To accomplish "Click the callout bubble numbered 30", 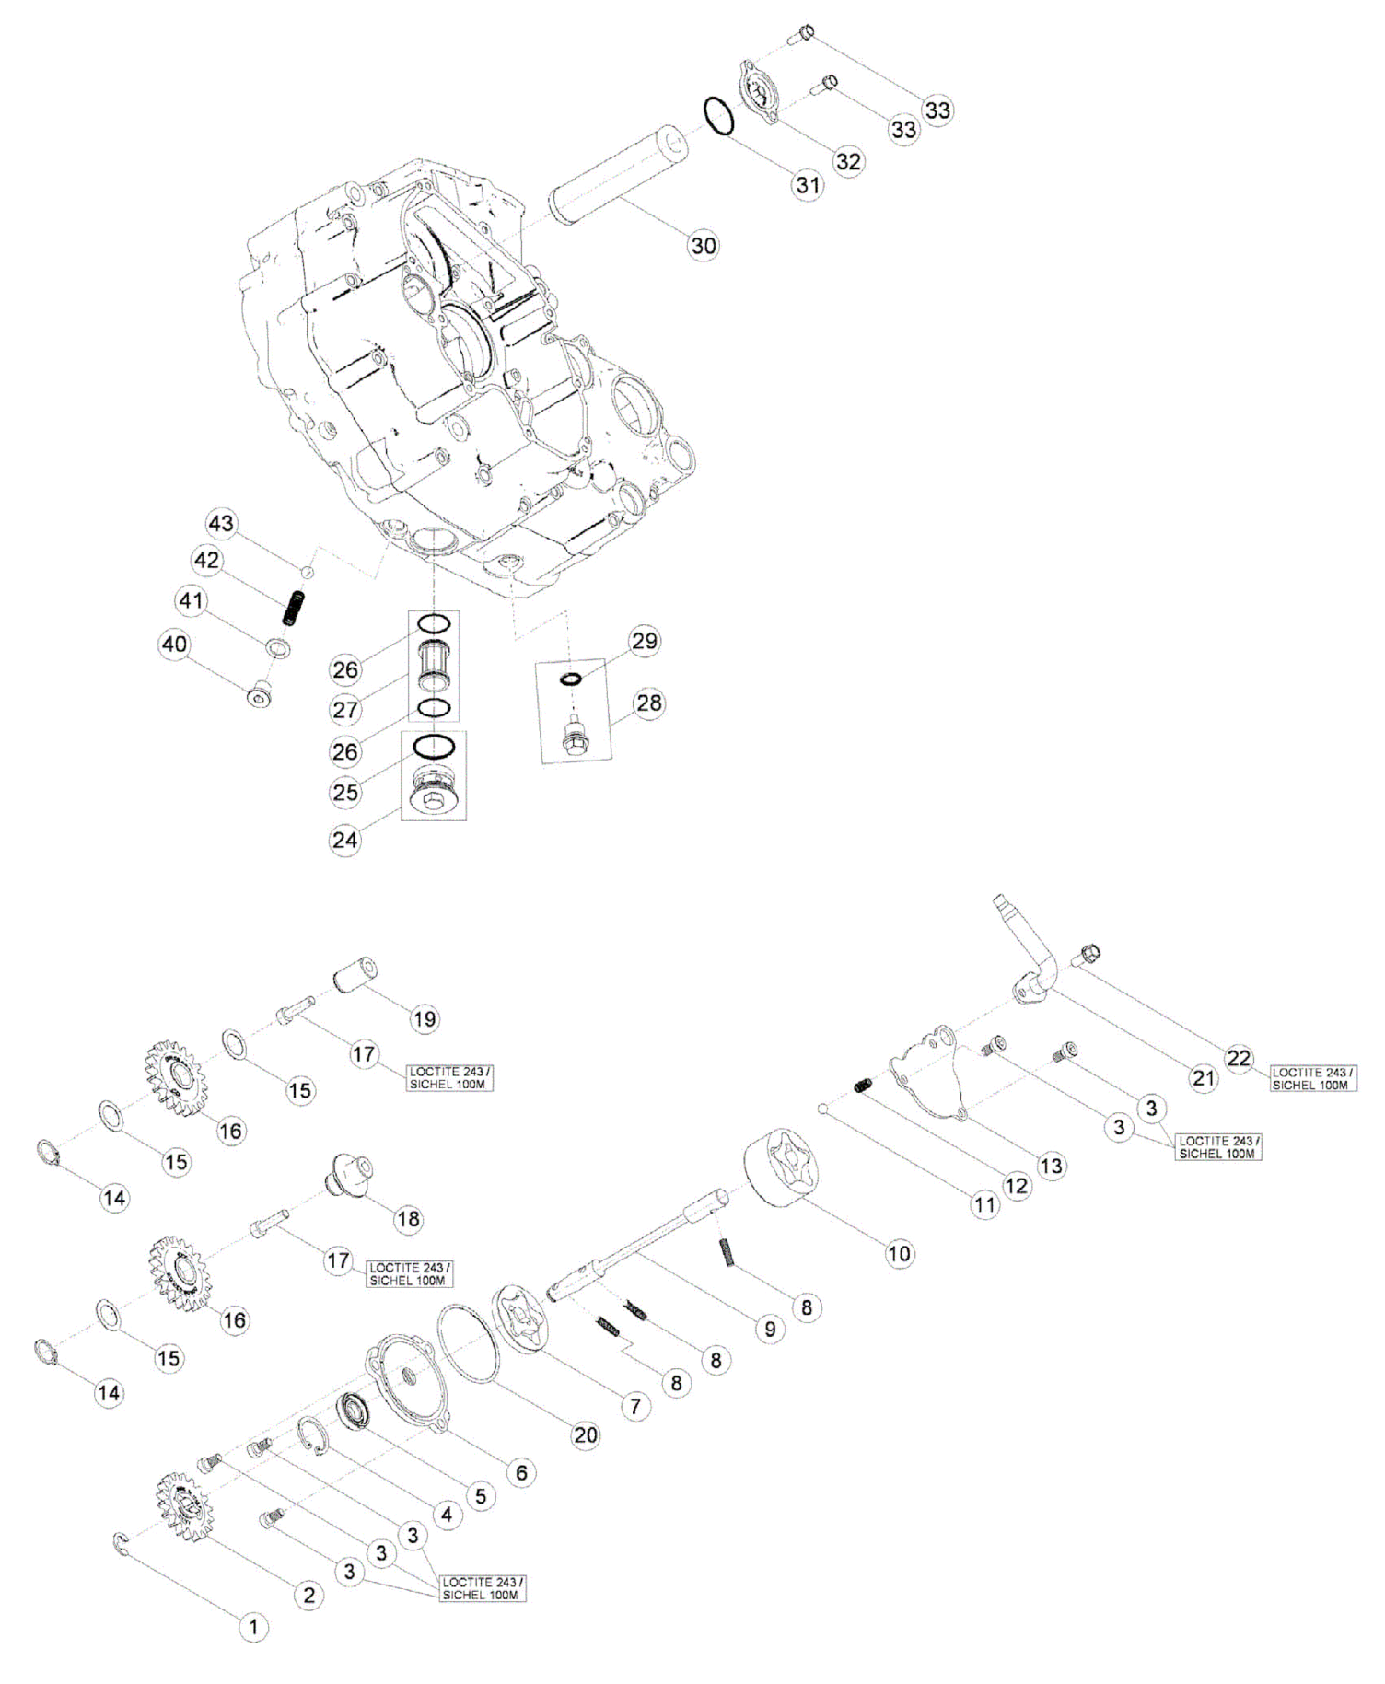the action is pyautogui.click(x=703, y=246).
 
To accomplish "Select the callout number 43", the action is pyautogui.click(x=221, y=524).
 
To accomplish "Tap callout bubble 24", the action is pyautogui.click(x=345, y=840).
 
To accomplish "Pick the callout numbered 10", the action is pyautogui.click(x=899, y=1252).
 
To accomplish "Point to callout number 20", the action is pyautogui.click(x=586, y=1434).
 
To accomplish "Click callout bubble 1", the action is pyautogui.click(x=254, y=1627).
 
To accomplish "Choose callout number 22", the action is pyautogui.click(x=1239, y=1058).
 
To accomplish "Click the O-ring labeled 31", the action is pyautogui.click(x=720, y=116).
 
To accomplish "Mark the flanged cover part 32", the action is pyautogui.click(x=763, y=92).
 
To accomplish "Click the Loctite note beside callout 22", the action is pyautogui.click(x=1311, y=1078).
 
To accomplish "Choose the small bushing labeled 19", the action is pyautogui.click(x=356, y=976).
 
